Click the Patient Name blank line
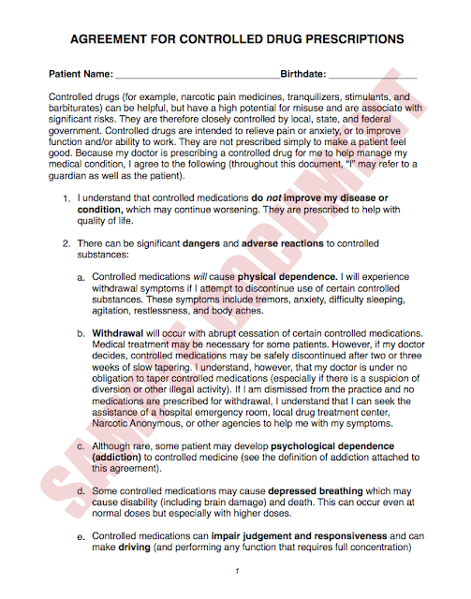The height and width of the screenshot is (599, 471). pyautogui.click(x=197, y=74)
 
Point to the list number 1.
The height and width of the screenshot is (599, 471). pyautogui.click(x=66, y=199)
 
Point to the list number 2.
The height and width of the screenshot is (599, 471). pyautogui.click(x=66, y=244)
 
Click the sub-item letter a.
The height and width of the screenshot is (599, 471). pyautogui.click(x=81, y=278)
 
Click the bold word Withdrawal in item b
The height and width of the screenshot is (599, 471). pyautogui.click(x=117, y=333)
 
